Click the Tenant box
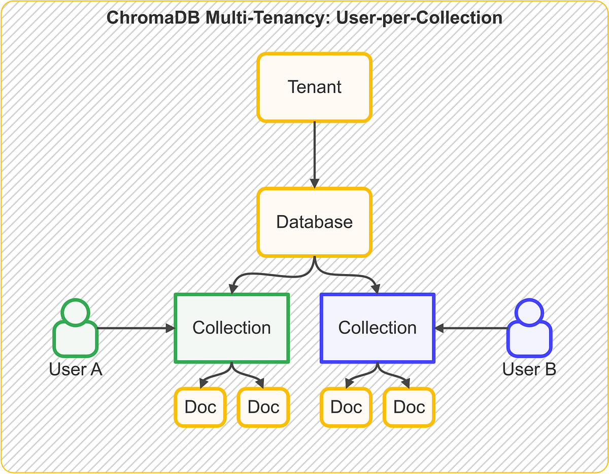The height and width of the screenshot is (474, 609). pos(315,87)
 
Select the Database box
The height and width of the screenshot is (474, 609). pos(315,222)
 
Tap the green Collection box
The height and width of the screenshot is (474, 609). pos(231,328)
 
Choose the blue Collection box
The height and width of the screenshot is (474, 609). pos(378,328)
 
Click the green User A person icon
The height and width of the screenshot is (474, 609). pos(75,329)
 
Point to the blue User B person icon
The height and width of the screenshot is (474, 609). pos(529,329)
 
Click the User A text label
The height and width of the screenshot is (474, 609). pos(76,369)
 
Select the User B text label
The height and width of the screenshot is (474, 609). pos(529,369)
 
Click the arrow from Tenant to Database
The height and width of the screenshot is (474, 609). pos(315,155)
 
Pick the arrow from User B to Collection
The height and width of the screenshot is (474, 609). pos(472,328)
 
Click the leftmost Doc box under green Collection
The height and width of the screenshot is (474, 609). pos(200,407)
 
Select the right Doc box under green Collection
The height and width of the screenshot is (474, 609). pos(263,407)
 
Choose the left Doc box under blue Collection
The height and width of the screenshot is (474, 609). pos(346,407)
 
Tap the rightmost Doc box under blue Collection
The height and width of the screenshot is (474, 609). pos(409,407)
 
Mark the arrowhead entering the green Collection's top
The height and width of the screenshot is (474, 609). pos(232,289)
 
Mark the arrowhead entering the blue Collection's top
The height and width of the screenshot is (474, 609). pos(377,289)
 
